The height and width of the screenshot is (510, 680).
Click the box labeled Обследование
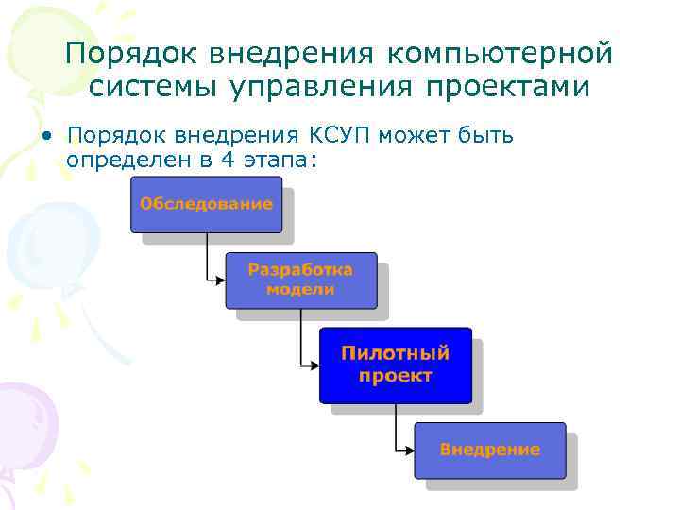[206, 204]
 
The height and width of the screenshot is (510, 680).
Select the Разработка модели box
[300, 280]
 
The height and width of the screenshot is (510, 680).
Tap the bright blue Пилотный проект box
[395, 365]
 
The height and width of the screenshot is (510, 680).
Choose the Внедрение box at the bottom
[489, 450]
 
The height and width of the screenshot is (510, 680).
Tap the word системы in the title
[153, 87]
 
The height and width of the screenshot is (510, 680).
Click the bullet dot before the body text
[46, 136]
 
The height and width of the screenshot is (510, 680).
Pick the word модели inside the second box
[300, 289]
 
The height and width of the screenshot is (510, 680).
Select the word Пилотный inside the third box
[395, 354]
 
